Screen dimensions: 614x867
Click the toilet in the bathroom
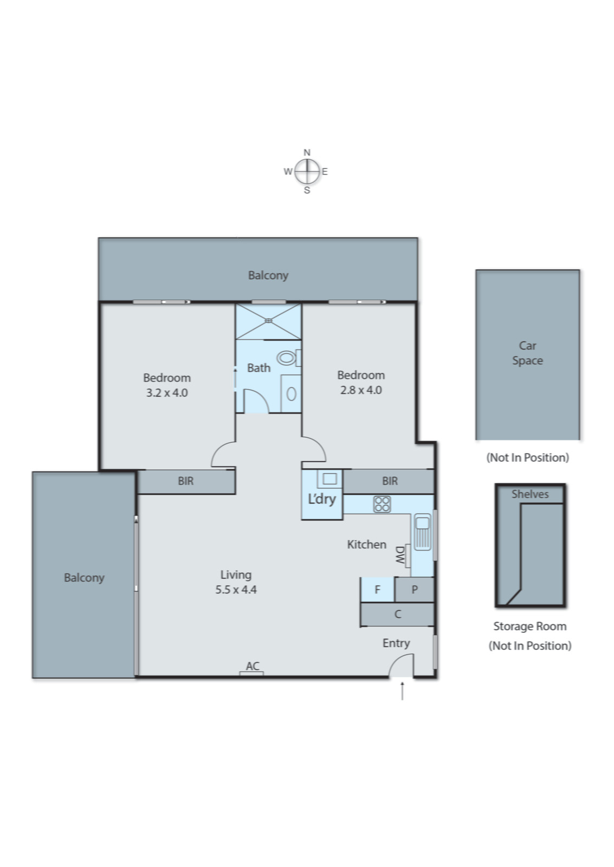coord(289,358)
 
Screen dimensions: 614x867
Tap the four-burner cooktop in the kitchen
coord(382,504)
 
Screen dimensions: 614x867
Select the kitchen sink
coord(422,532)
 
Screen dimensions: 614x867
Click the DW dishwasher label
coord(400,555)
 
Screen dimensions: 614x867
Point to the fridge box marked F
coord(378,589)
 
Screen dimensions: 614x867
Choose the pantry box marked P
coord(414,589)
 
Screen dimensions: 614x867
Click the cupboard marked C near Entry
coord(397,614)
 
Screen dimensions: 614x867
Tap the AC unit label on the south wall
coord(253,666)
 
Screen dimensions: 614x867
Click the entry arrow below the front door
coord(402,691)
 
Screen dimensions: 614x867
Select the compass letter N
coord(307,152)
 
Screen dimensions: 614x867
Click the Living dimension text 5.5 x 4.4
coord(236,590)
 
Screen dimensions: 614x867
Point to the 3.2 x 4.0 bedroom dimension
coord(167,392)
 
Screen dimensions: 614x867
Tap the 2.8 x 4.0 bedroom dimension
coord(361,390)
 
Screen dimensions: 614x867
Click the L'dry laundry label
coord(322,499)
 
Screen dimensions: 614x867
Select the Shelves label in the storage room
coord(530,494)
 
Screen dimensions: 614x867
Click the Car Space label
coord(527,353)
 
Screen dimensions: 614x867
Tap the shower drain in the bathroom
coord(269,320)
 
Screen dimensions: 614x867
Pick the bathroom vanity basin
coord(292,394)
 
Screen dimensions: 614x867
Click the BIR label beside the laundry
coord(390,481)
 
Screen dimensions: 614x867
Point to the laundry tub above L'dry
coord(329,479)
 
